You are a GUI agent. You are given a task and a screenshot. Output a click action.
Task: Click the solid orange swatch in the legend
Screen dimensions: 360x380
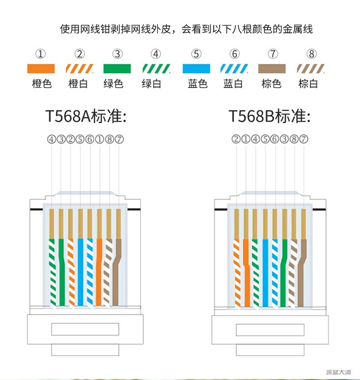click(41, 69)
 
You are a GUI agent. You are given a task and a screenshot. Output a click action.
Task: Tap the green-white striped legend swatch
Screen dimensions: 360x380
click(156, 69)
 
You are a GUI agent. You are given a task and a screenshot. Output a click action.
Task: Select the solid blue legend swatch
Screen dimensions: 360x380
click(196, 69)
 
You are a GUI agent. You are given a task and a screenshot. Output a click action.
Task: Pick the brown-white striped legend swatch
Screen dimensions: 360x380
click(310, 69)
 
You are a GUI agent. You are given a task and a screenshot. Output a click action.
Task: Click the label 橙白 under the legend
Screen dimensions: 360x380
click(78, 84)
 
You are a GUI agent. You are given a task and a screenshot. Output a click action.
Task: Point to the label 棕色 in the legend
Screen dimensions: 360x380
click(271, 84)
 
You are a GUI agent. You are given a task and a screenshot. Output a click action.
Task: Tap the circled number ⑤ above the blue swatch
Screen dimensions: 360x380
click(196, 54)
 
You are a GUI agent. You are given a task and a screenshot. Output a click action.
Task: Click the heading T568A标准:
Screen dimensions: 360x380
click(86, 116)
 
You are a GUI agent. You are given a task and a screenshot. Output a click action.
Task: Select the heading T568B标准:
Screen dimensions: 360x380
click(269, 116)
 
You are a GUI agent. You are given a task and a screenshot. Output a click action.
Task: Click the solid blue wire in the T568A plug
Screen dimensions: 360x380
click(80, 272)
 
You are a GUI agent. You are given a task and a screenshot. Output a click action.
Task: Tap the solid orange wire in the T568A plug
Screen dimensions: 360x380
click(99, 272)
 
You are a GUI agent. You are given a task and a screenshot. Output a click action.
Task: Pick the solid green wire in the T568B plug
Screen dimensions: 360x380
click(284, 273)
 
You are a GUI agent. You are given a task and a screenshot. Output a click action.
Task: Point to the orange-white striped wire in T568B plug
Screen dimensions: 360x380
click(237, 273)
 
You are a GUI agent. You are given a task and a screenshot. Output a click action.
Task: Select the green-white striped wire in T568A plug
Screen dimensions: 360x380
click(52, 272)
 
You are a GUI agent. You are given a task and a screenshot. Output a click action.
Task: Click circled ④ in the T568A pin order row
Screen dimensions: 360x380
click(51, 139)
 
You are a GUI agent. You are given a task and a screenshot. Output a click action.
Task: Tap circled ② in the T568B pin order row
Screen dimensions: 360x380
click(236, 139)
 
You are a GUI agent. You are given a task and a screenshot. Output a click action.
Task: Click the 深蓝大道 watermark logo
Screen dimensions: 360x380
click(339, 372)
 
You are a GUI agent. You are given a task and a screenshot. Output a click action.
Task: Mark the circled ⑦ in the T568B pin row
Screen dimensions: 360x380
click(303, 139)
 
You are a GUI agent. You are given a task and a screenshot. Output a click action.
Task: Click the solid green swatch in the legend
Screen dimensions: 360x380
click(117, 69)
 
